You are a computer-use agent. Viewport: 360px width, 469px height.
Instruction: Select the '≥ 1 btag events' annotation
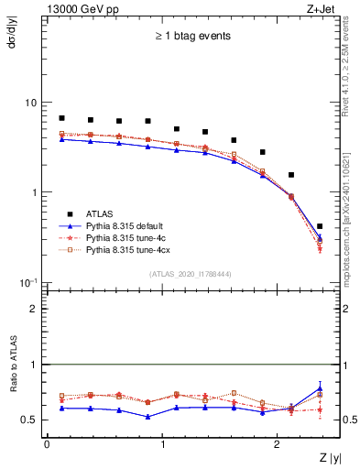(x=191, y=37)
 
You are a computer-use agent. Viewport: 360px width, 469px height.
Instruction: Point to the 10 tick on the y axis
(x=31, y=103)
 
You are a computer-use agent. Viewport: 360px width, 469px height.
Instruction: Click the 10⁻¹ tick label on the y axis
(x=29, y=281)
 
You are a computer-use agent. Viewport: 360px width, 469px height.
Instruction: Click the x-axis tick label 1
(x=163, y=443)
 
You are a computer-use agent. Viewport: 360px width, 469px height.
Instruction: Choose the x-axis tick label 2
(x=279, y=443)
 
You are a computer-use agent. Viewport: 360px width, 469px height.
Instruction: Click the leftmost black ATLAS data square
(x=61, y=118)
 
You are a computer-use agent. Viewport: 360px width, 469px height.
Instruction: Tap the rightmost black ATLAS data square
(x=320, y=226)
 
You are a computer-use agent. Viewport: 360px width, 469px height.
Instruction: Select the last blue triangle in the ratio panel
(x=320, y=388)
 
